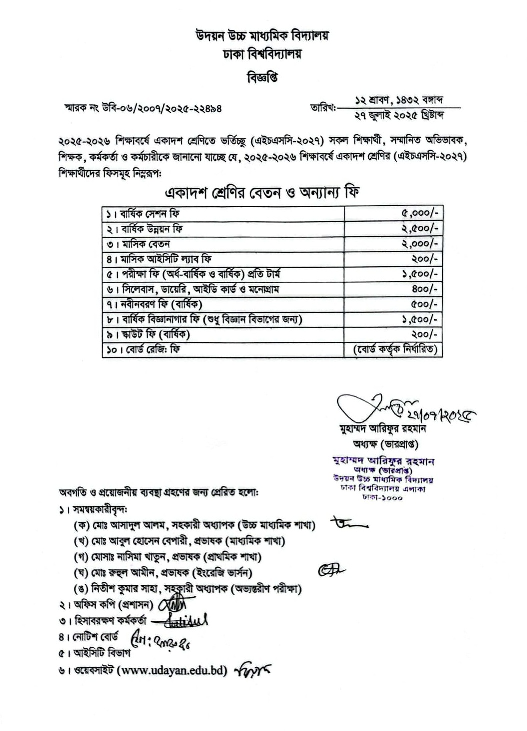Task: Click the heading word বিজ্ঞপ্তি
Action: [263, 78]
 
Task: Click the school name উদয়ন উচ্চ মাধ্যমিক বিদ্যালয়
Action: [263, 36]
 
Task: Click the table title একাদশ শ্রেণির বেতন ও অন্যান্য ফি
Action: [263, 192]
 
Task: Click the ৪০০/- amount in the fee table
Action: [425, 289]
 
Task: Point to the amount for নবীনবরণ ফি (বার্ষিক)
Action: [425, 304]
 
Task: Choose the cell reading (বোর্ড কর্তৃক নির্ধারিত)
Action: [395, 349]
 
